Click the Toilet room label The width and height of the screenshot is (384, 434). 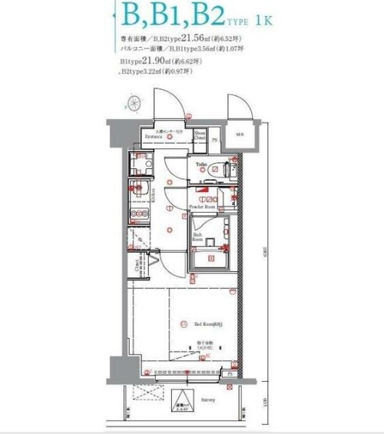pyautogui.click(x=202, y=164)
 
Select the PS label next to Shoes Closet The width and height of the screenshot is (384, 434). pyautogui.click(x=214, y=140)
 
